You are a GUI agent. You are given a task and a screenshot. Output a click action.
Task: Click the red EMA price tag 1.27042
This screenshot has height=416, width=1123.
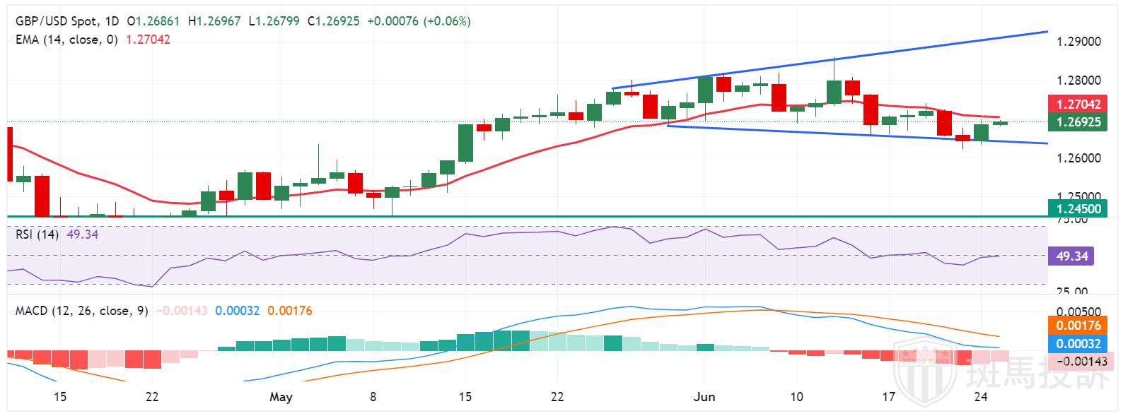tap(1078, 104)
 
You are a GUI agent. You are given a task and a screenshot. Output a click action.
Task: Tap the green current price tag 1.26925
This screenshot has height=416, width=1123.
tap(1078, 121)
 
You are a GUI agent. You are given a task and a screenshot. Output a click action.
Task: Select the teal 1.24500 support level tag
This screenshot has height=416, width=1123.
tap(1078, 208)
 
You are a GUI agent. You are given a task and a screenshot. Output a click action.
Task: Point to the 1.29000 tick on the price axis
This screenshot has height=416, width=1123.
tap(1078, 42)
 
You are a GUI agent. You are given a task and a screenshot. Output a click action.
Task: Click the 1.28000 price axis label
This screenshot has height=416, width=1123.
tap(1078, 81)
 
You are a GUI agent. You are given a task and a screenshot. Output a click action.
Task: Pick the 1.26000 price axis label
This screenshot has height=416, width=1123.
tap(1078, 158)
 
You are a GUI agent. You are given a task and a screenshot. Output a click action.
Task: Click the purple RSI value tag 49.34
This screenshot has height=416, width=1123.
tap(1071, 256)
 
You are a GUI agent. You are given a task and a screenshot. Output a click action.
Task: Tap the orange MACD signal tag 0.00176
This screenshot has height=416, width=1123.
tap(1078, 326)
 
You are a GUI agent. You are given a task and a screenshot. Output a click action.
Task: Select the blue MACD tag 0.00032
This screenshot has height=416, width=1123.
tap(1078, 344)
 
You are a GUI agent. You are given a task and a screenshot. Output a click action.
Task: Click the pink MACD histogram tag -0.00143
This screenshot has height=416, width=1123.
tap(1081, 361)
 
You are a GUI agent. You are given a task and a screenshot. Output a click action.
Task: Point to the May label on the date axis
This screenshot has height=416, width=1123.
tap(281, 397)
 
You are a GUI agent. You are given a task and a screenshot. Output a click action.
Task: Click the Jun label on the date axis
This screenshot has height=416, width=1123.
tap(704, 397)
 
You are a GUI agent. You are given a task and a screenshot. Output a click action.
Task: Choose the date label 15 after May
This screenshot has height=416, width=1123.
tap(465, 397)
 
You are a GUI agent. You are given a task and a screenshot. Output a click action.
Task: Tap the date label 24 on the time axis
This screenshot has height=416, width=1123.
tap(981, 397)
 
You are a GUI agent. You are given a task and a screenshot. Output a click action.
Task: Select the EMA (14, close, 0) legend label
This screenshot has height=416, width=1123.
tap(66, 40)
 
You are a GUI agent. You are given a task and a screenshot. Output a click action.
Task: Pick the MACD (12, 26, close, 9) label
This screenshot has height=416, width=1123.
tap(81, 311)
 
